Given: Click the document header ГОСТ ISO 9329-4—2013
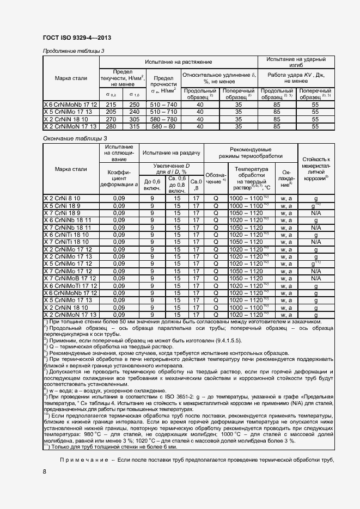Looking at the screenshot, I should pos(75,36).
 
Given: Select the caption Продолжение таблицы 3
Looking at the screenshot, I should pos(74,51).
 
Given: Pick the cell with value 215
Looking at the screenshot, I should pos(111,104).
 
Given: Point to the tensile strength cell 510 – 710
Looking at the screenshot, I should pos(164,111).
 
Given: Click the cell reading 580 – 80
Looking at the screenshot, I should pos(164,126).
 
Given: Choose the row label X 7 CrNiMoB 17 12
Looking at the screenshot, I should pos(69,278).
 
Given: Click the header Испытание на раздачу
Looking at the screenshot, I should pos(170,154).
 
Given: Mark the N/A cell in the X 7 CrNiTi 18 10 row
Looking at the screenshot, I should pos(315,242).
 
